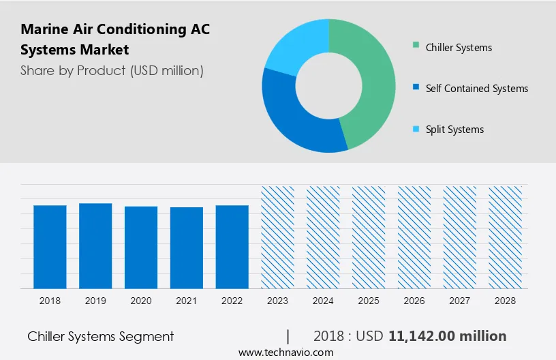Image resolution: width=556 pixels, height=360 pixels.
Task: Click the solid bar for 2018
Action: [50, 246]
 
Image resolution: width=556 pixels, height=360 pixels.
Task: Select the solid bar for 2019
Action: [95, 245]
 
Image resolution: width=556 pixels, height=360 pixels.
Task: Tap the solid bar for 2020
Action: [141, 247]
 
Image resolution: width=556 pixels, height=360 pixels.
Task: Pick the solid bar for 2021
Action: [187, 247]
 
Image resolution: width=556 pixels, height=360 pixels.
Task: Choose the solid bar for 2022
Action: [232, 246]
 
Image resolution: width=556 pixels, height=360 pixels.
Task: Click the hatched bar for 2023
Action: [278, 237]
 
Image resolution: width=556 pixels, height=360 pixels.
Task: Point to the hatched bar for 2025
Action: [369, 237]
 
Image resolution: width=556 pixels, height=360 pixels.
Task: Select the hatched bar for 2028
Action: [506, 237]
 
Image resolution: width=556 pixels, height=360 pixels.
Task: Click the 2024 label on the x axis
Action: [323, 300]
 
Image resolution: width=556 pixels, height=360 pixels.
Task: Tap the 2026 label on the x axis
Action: [414, 300]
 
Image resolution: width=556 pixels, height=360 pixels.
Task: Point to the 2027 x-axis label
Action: [460, 300]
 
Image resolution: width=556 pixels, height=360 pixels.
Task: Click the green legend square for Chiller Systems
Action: [416, 47]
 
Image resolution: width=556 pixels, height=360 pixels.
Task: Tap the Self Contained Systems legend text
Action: [476, 89]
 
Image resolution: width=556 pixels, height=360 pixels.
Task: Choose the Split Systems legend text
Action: [454, 130]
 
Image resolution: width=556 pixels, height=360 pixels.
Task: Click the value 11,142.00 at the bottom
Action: [420, 336]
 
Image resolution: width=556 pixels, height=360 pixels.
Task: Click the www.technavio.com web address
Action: [285, 352]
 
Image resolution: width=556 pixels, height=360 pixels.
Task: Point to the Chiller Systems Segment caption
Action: [101, 336]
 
